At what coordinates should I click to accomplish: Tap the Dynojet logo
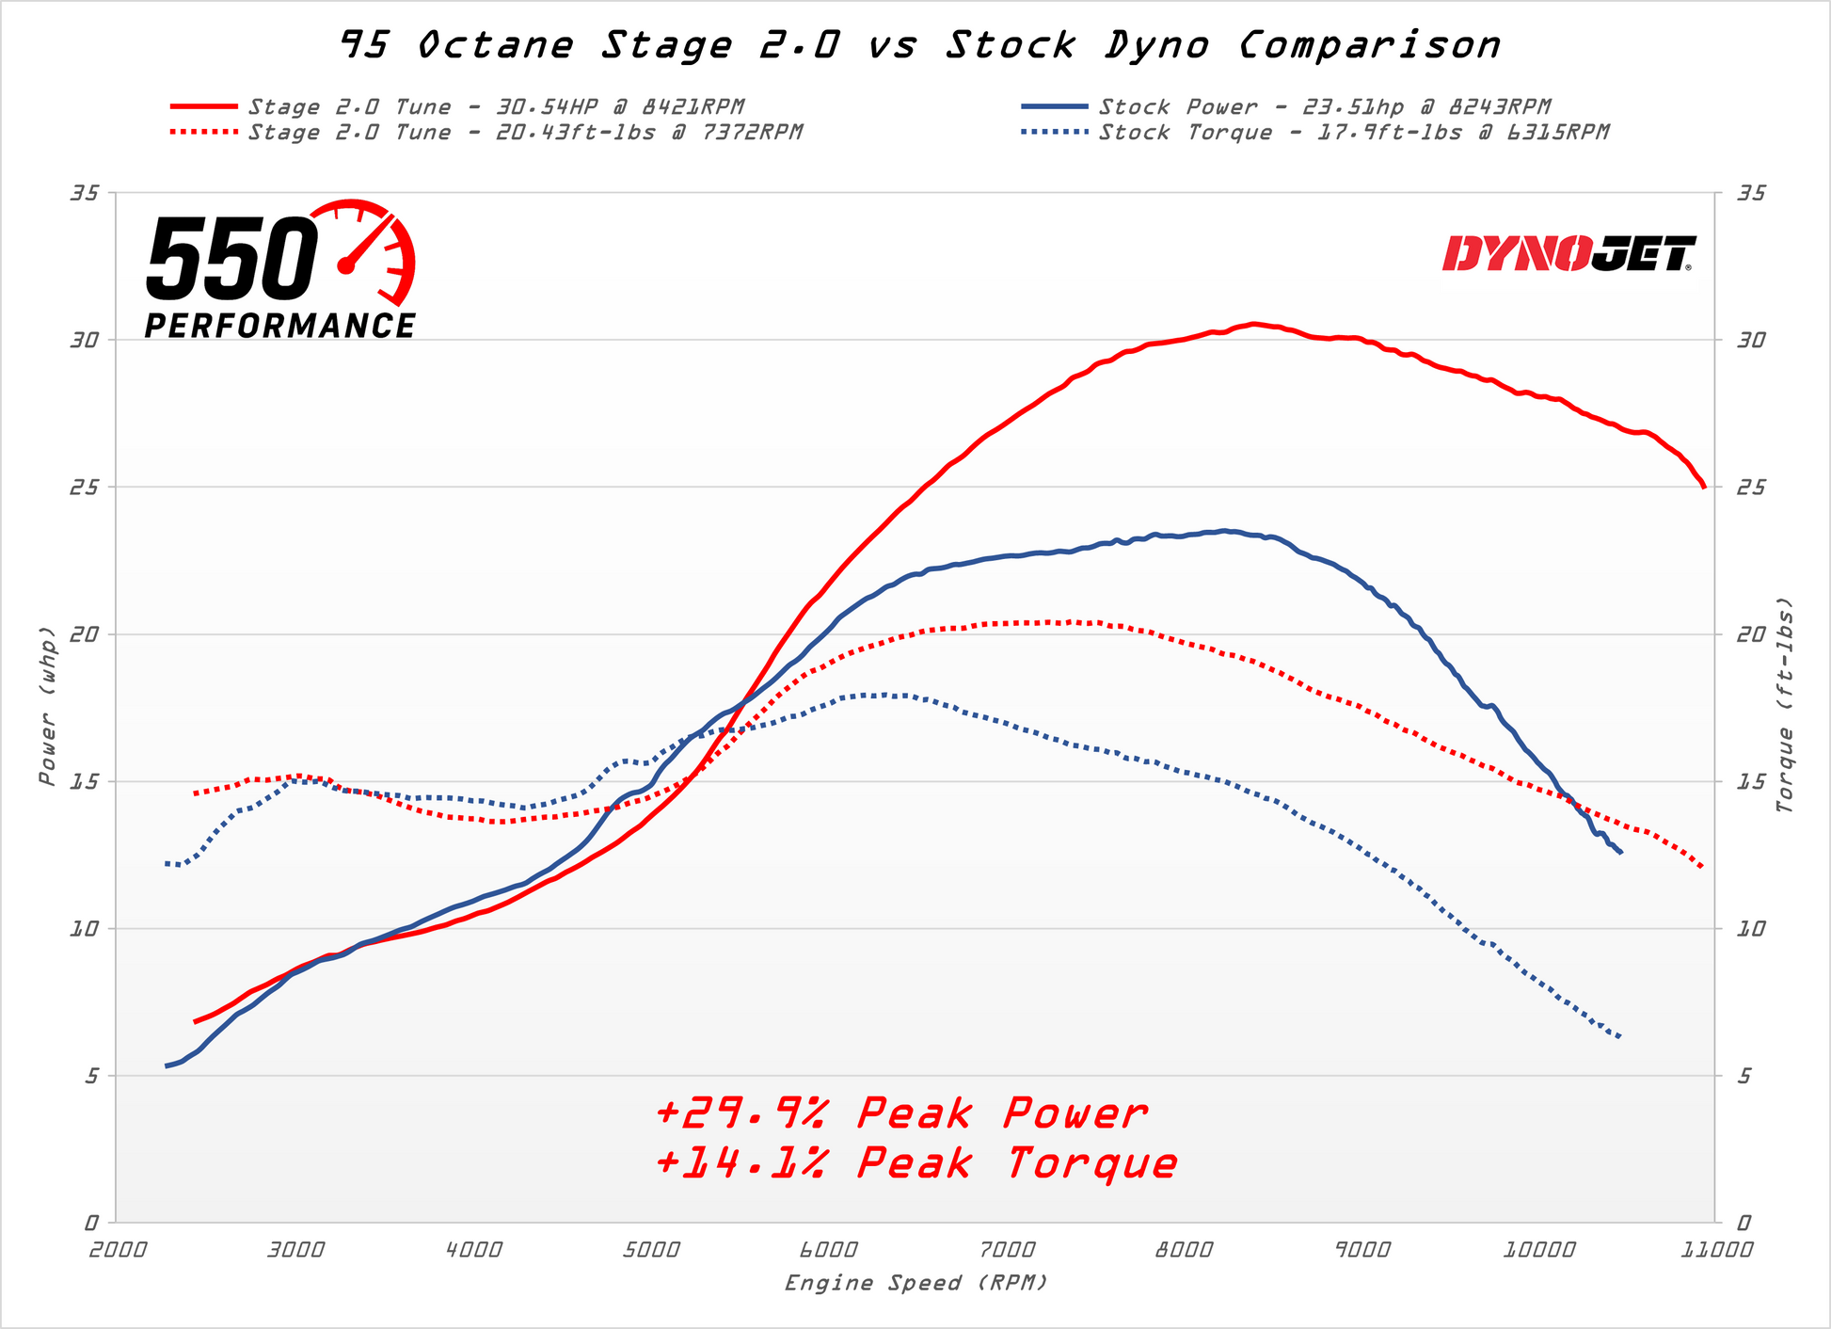[1568, 254]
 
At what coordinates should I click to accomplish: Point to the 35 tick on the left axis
[85, 193]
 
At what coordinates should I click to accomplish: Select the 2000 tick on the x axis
[119, 1251]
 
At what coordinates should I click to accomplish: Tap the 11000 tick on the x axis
[1714, 1251]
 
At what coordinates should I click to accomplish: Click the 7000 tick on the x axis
[1007, 1251]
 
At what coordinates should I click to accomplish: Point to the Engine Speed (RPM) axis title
[915, 1283]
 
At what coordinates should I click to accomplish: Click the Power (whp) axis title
[47, 706]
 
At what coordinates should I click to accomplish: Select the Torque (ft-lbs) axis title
[1785, 706]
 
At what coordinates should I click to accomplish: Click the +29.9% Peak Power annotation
[901, 1114]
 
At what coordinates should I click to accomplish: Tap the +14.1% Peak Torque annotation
[915, 1164]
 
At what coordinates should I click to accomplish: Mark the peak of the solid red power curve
[1253, 324]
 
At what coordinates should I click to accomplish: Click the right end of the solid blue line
[1620, 853]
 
